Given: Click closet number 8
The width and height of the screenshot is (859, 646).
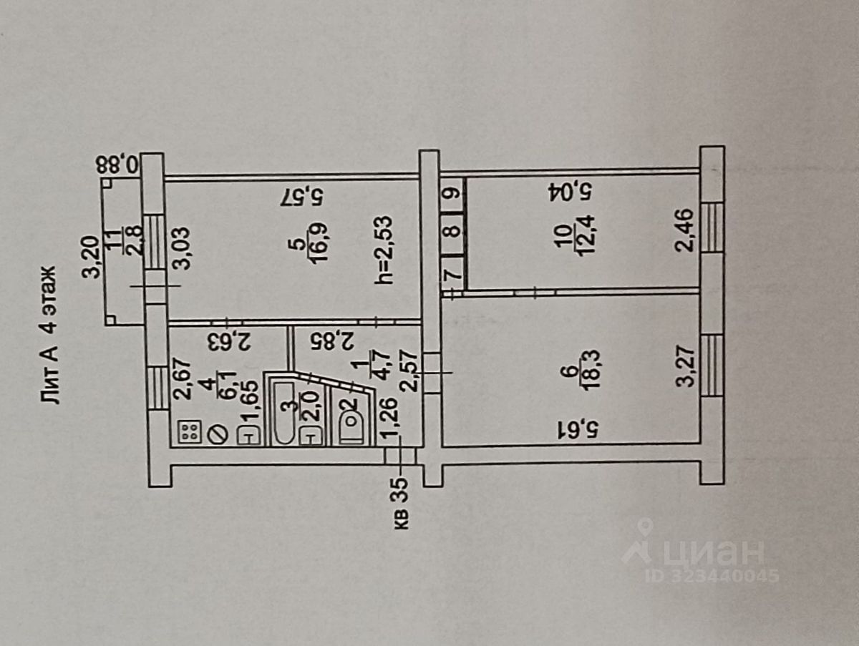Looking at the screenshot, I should [x=451, y=231].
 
